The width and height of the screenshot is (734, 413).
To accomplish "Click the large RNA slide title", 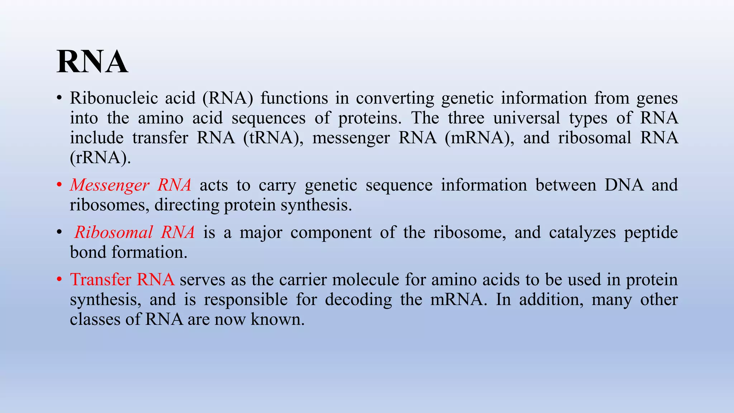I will [92, 62].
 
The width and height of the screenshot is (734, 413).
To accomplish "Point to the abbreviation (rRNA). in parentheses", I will [100, 158].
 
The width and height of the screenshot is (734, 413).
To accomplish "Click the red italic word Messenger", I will [109, 185].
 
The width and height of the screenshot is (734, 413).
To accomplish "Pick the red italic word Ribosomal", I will [114, 233].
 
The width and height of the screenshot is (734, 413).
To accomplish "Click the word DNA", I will [624, 185].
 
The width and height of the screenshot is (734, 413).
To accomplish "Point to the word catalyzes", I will [582, 233].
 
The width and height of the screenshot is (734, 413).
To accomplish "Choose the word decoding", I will [358, 300].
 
